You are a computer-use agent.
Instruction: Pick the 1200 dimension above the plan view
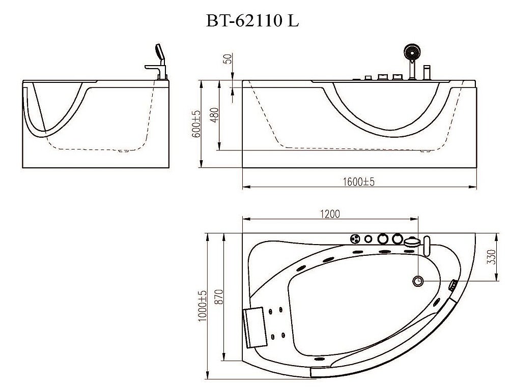point(330,213)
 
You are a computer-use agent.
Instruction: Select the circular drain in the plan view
point(418,280)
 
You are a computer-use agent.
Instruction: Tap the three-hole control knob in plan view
point(355,238)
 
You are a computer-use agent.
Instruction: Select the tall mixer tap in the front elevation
point(428,72)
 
